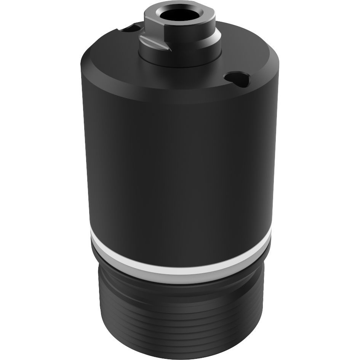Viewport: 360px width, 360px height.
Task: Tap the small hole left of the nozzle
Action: click(134, 28)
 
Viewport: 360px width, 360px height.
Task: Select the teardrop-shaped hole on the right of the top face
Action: click(237, 78)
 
